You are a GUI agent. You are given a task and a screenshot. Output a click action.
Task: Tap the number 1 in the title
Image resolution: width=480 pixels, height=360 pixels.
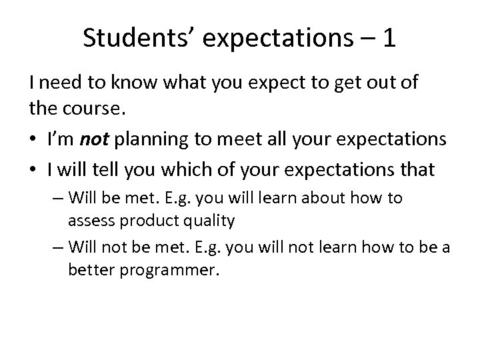click(388, 39)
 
